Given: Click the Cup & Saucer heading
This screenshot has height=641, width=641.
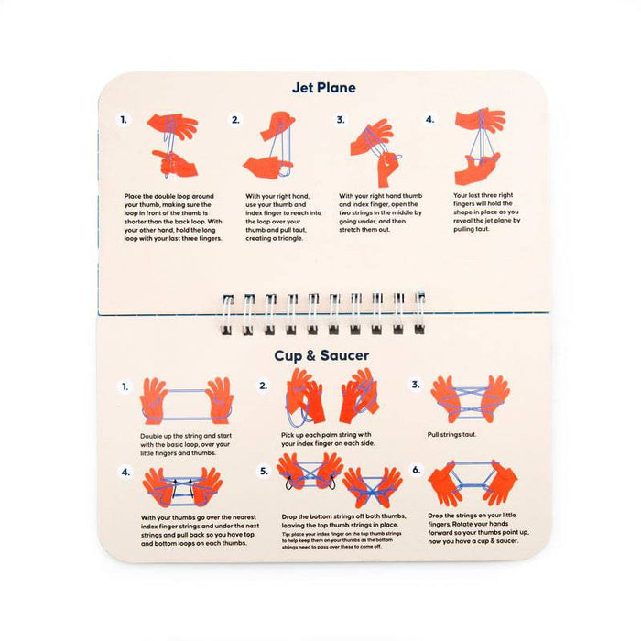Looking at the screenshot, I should point(322,354).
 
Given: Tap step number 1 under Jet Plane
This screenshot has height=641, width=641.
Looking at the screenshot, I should point(125,120).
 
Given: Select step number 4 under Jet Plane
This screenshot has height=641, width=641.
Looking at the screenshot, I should point(429,120).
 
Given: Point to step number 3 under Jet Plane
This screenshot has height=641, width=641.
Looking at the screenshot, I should point(340,120).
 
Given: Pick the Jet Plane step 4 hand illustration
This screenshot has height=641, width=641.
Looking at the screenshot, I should point(479,147).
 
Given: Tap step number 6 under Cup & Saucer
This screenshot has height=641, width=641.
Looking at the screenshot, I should point(416,470).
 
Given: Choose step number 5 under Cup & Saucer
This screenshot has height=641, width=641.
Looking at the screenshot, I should point(264,470).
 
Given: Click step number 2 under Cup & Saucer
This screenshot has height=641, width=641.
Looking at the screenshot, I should point(264,386).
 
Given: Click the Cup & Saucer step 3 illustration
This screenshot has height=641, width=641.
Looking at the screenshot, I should point(470,399).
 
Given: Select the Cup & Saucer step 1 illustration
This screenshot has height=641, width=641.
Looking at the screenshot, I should point(186,400).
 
